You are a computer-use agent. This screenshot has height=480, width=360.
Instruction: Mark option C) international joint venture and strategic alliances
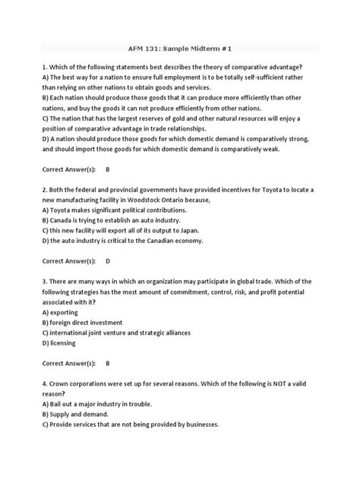pos(116,333)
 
